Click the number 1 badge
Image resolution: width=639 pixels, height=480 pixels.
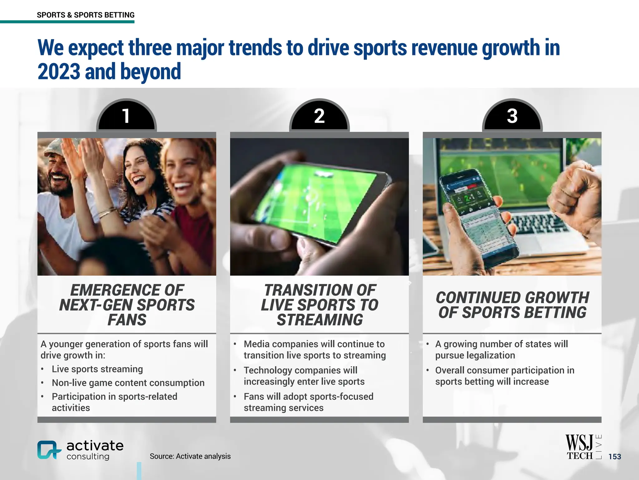(x=126, y=116)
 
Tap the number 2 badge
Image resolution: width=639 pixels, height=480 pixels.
(x=319, y=116)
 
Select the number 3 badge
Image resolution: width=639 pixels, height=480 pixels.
(x=512, y=116)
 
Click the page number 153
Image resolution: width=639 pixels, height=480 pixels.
(x=615, y=457)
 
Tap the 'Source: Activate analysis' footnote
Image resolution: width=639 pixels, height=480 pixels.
(x=190, y=456)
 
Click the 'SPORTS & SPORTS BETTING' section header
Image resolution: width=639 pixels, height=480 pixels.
(x=85, y=15)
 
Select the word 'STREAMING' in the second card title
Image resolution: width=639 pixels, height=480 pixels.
(x=320, y=320)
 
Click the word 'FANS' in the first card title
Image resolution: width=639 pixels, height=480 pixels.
(x=127, y=320)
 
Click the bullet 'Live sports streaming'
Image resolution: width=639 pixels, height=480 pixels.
(x=97, y=369)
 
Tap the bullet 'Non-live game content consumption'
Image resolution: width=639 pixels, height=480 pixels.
(x=128, y=383)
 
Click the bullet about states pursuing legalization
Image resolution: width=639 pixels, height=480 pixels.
(x=501, y=349)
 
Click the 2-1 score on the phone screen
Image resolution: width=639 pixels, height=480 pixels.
(x=469, y=197)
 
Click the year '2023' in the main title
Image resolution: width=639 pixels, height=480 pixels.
(x=59, y=71)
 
